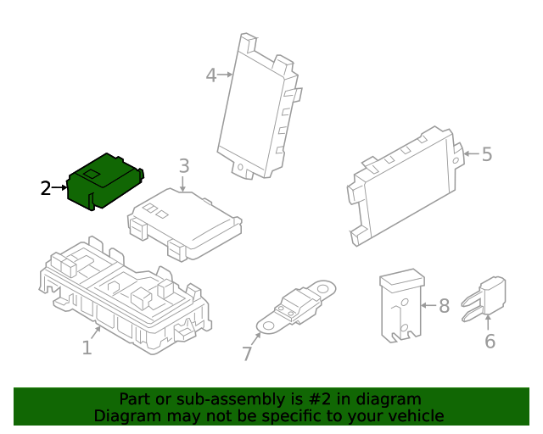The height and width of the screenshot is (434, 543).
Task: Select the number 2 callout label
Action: [47, 187]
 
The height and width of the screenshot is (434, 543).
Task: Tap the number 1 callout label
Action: [87, 348]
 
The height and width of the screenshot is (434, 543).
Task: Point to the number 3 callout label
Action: [183, 166]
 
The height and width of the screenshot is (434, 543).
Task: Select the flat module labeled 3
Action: [185, 222]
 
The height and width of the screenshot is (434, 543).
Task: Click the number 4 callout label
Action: [211, 75]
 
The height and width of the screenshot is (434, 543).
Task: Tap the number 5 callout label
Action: [486, 154]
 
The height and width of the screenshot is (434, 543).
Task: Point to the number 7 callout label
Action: [247, 353]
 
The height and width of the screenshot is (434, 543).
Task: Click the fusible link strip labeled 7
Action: [297, 307]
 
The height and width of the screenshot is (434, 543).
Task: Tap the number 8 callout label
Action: [443, 305]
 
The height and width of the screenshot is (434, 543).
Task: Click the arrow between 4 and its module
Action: [226, 75]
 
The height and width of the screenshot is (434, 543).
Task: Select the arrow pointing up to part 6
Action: [488, 321]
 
